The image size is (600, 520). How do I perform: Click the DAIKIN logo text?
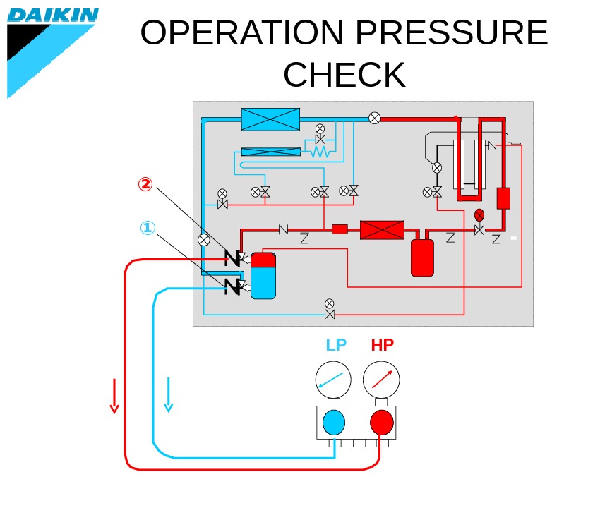[53, 16]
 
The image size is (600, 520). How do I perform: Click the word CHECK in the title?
[344, 75]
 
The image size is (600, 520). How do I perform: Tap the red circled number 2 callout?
[145, 184]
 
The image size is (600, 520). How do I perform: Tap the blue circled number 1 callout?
[147, 228]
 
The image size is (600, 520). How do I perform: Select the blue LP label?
[336, 345]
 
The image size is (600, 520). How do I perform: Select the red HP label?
[382, 345]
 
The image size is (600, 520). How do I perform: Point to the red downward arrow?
[114, 396]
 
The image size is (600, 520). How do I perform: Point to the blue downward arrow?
[168, 395]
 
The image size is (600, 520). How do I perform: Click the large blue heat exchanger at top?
[270, 119]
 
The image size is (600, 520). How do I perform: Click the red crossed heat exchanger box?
[382, 229]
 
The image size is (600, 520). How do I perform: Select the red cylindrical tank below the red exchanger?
[422, 258]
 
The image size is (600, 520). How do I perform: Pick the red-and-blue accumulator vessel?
[263, 275]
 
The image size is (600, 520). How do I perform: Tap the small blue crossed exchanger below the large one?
[270, 151]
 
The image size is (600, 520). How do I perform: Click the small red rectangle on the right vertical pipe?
[503, 198]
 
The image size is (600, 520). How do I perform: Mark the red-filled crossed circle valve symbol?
[479, 214]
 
